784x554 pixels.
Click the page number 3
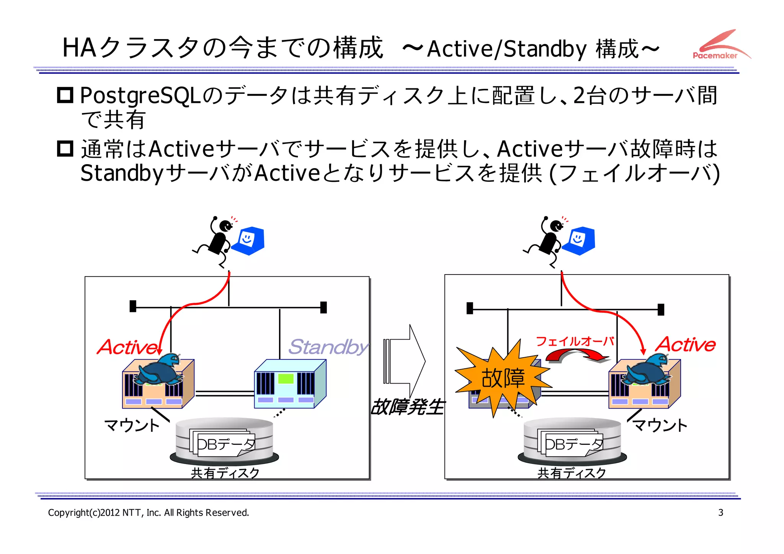click(720, 512)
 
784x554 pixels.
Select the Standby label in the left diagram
click(328, 347)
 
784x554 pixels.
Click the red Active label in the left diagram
click(128, 347)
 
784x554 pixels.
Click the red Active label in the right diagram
click(686, 344)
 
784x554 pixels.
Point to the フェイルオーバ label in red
click(575, 341)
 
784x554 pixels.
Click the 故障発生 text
click(407, 407)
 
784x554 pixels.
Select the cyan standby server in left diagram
click(289, 384)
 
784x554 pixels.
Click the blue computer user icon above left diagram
click(249, 241)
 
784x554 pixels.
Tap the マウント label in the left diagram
click(132, 425)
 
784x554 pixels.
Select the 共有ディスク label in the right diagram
click(572, 473)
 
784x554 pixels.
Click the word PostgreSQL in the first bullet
click(140, 96)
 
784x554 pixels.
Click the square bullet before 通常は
click(65, 149)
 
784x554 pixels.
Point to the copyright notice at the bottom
click(149, 513)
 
